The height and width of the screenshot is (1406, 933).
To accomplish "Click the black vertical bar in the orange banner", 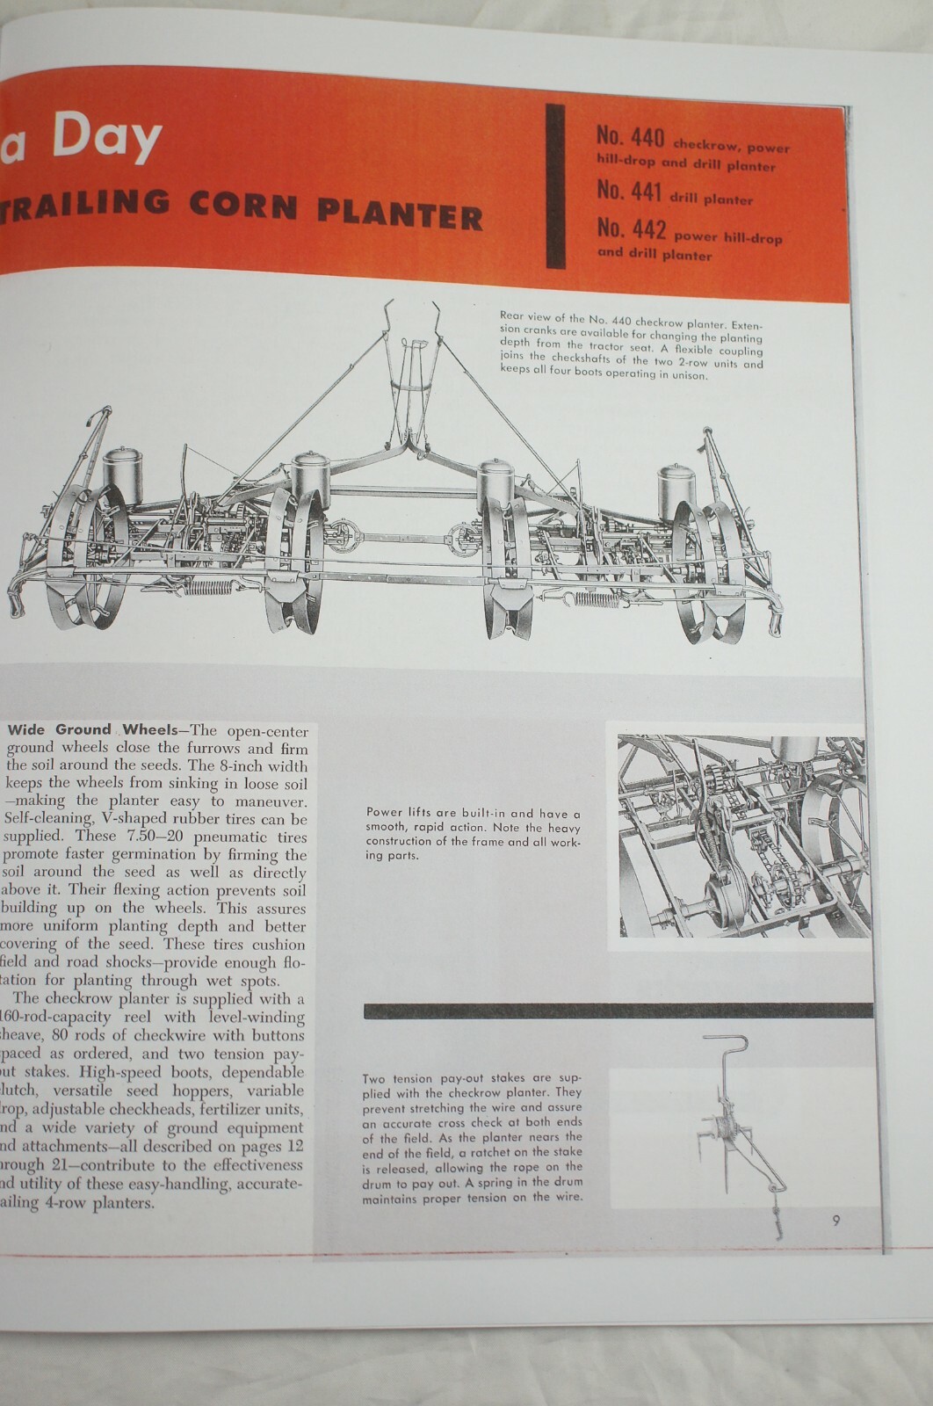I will coord(555,185).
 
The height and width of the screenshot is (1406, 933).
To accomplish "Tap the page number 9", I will coord(836,1220).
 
